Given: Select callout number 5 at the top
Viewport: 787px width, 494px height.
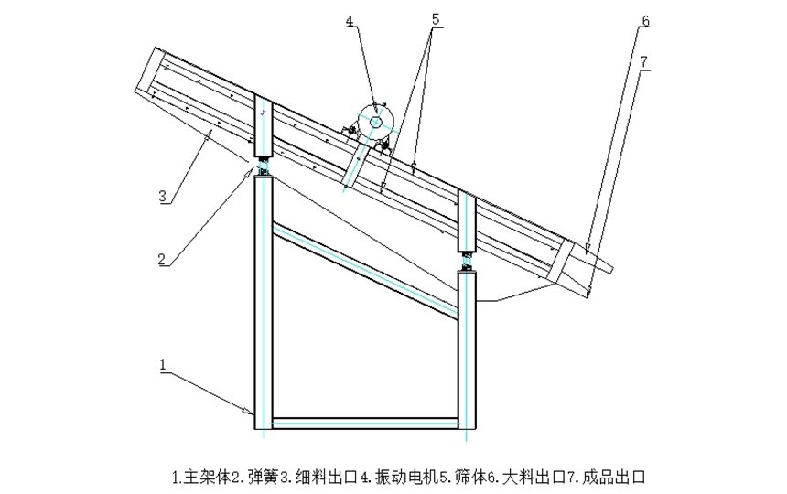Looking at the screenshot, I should tap(435, 18).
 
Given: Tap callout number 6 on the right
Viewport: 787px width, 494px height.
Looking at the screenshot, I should tap(645, 20).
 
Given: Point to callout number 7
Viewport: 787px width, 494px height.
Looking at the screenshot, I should tap(645, 61).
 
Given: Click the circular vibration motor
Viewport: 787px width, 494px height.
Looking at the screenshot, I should tap(374, 122).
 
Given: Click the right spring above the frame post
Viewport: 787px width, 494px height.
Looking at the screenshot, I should tap(468, 260).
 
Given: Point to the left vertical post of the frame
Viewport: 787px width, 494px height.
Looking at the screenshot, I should tap(264, 302).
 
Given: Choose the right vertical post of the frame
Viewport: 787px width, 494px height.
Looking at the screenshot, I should tap(468, 348).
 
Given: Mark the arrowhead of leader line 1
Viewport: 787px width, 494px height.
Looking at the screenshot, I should tap(252, 413).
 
